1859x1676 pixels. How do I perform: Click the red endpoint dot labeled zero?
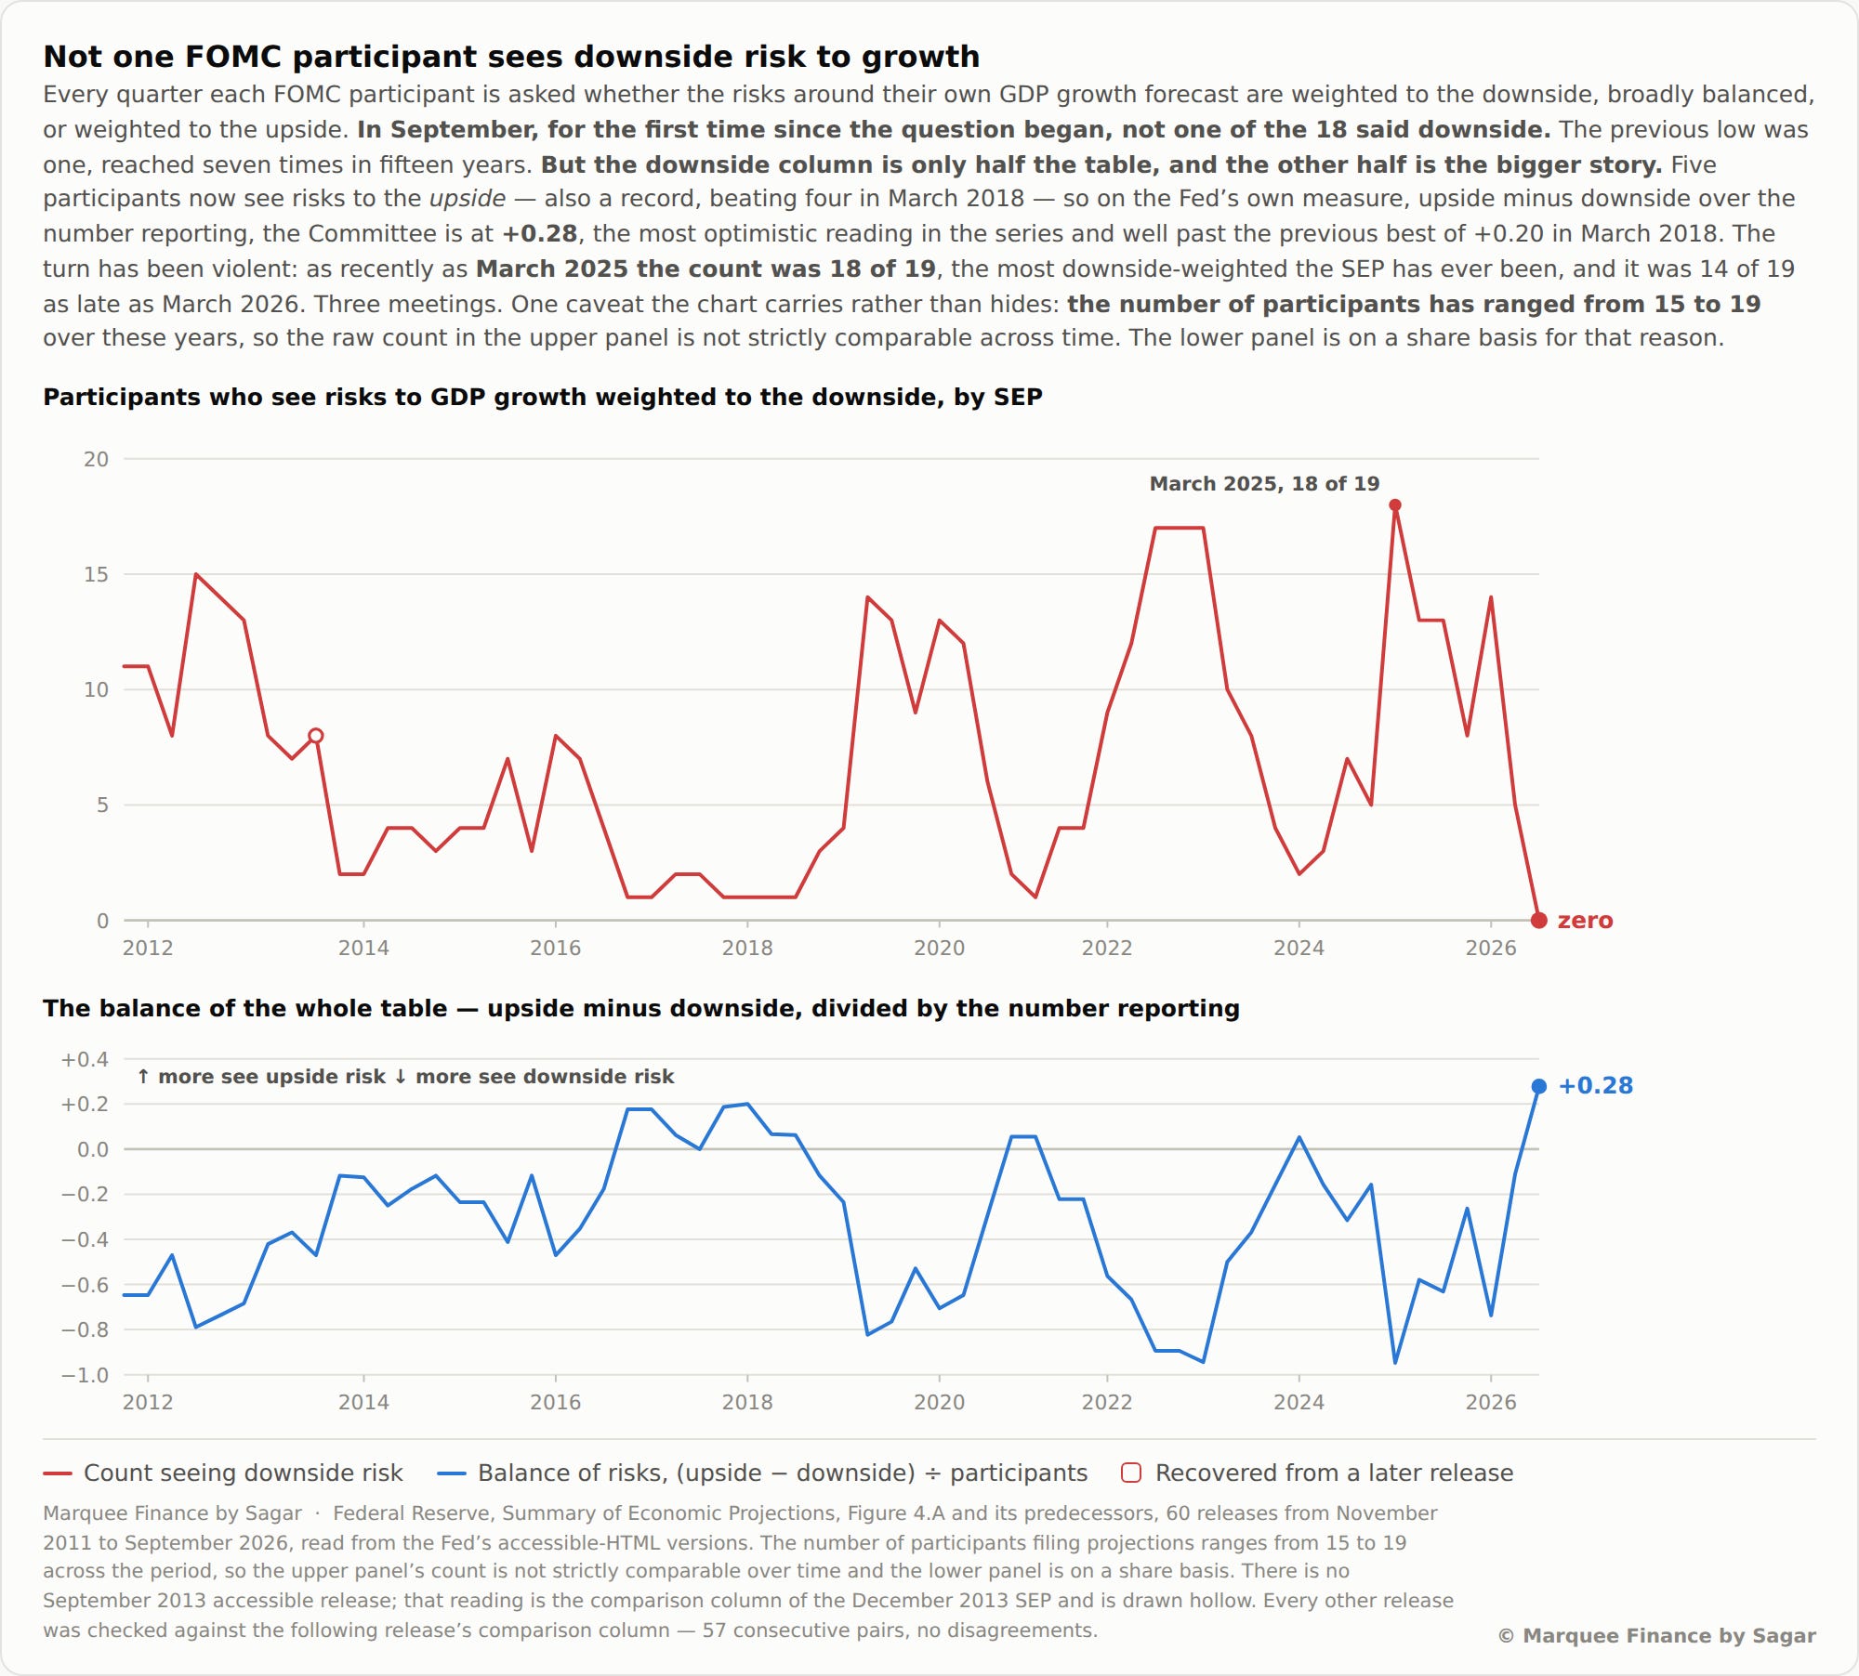1539,921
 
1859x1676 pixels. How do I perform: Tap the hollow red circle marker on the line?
316,736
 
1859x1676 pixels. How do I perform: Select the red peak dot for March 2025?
1395,505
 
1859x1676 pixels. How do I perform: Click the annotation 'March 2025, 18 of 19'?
1264,483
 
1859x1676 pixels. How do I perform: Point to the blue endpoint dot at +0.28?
1539,1086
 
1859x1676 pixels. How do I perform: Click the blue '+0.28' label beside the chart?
1595,1085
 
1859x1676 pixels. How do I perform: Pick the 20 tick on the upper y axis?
96,459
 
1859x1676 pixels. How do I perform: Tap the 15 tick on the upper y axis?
96,574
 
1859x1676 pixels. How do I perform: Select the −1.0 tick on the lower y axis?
85,1375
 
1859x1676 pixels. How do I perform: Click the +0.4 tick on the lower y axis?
85,1059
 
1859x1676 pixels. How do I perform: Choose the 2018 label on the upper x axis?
747,948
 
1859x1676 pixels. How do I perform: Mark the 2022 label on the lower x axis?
1107,1402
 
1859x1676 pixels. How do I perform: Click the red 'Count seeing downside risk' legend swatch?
58,1473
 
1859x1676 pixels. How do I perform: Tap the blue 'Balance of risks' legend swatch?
452,1473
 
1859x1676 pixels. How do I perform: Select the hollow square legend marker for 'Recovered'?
1131,1473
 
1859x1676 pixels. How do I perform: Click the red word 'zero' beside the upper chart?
1585,921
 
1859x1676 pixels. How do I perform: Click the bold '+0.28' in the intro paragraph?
540,233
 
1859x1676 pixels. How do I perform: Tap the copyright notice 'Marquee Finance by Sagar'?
1657,1636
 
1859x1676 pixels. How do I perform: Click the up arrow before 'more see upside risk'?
143,1077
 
